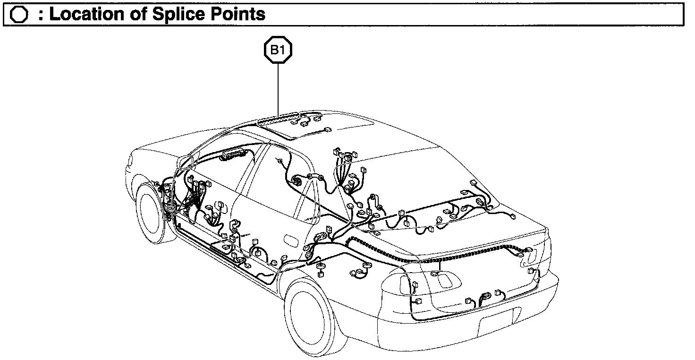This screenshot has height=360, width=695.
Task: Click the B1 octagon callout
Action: pyautogui.click(x=278, y=50)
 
